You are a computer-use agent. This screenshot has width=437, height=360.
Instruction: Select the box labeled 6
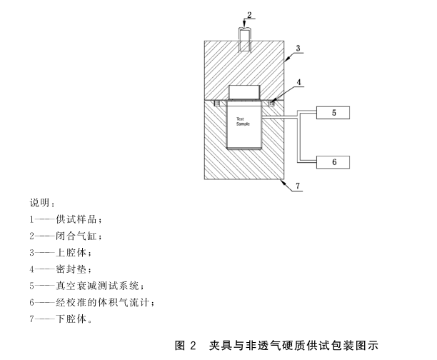point(333,161)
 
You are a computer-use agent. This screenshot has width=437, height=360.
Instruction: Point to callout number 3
point(299,49)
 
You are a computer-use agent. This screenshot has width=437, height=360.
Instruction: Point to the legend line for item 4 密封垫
point(61,269)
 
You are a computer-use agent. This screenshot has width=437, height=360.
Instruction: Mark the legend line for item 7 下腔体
point(61,319)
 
